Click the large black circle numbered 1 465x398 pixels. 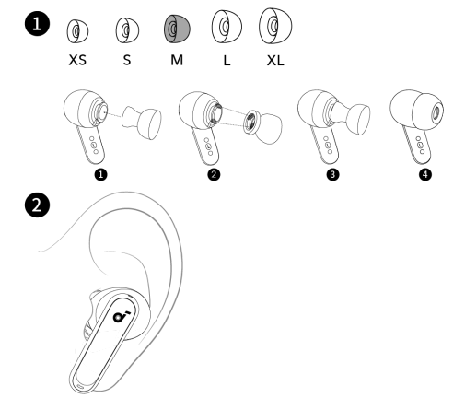[37, 24]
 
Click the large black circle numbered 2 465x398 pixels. [37, 205]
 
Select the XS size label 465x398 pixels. [77, 60]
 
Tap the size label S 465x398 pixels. [127, 60]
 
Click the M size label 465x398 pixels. [177, 60]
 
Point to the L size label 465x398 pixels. [227, 60]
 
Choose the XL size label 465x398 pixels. [275, 60]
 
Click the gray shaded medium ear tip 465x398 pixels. [177, 29]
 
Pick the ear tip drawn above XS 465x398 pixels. [77, 31]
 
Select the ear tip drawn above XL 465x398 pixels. [275, 26]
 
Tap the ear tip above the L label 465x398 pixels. [227, 27]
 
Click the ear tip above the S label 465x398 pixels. [127, 30]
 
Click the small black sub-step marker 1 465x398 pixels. [101, 175]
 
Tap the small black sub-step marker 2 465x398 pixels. [214, 175]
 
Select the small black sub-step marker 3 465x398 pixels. [332, 175]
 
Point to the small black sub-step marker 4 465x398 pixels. [425, 175]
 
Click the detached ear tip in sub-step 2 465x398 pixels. [262, 126]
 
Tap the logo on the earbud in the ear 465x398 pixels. [120, 316]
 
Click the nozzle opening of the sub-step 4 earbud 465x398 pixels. [436, 114]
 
